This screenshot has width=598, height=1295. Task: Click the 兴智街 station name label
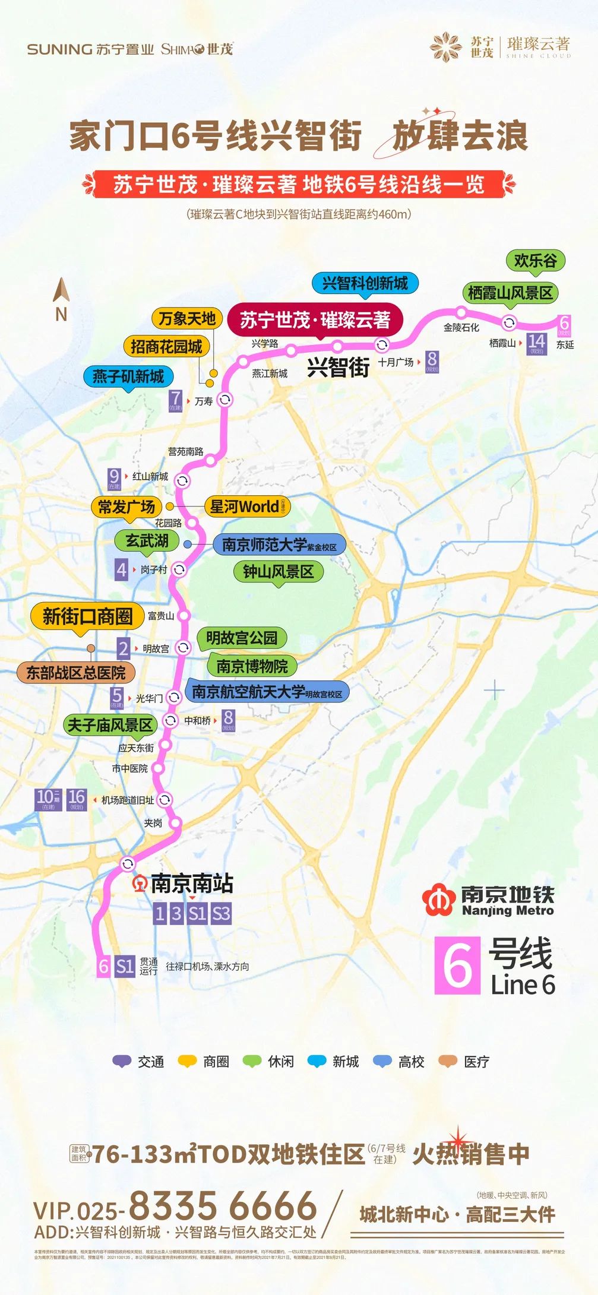pos(338,368)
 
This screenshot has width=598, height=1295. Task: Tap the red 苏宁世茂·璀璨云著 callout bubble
pos(315,320)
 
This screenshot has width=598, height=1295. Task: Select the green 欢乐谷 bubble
pos(535,260)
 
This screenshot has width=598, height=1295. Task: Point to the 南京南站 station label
pos(191,883)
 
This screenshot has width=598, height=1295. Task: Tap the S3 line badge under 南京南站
pos(220,913)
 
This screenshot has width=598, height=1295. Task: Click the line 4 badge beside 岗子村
pos(121,569)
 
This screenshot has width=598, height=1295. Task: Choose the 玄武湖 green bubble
pos(147,541)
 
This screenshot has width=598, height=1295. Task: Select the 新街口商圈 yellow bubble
pos(87,616)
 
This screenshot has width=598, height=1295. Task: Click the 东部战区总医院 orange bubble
pos(76,673)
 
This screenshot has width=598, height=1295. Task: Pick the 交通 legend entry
pos(138,1062)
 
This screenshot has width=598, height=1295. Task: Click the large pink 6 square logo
pos(457,965)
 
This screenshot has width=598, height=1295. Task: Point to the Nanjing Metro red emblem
pos(439,901)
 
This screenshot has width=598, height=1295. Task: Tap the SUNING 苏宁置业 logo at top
pos(90,49)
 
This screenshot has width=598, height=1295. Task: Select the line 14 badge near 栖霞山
pos(536,343)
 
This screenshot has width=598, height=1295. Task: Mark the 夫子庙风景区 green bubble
pos(110,725)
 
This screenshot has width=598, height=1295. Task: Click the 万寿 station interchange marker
pos(225,400)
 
